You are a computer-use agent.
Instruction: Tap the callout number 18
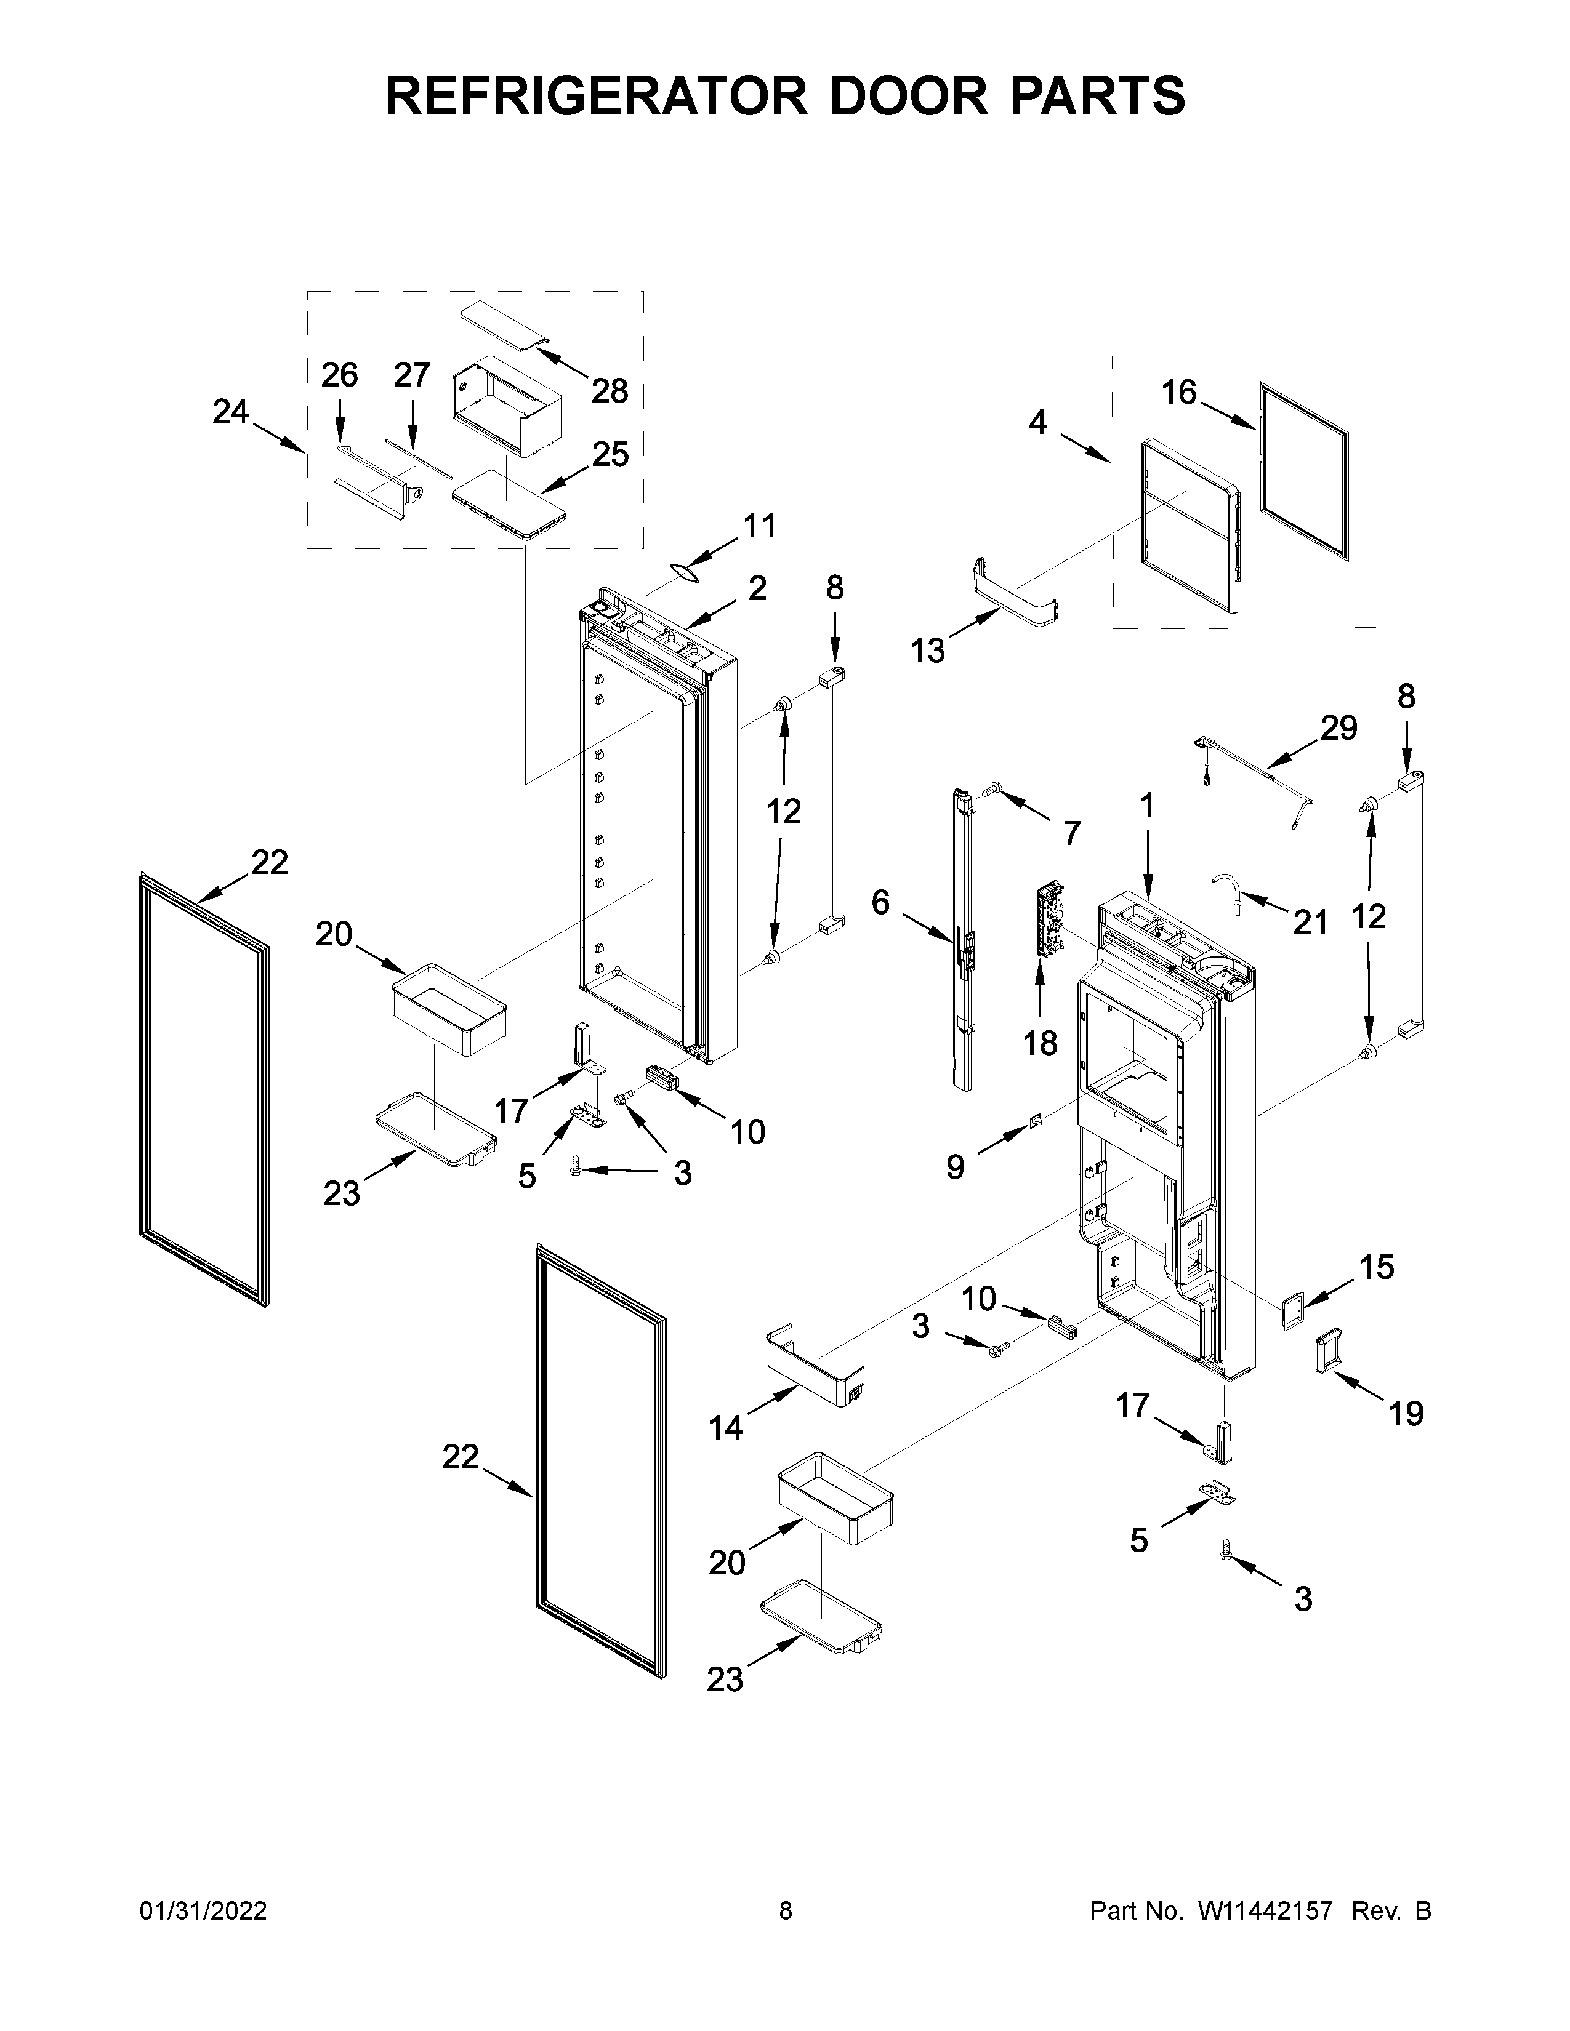click(1040, 1043)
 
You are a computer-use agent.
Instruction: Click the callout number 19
click(1406, 1414)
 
